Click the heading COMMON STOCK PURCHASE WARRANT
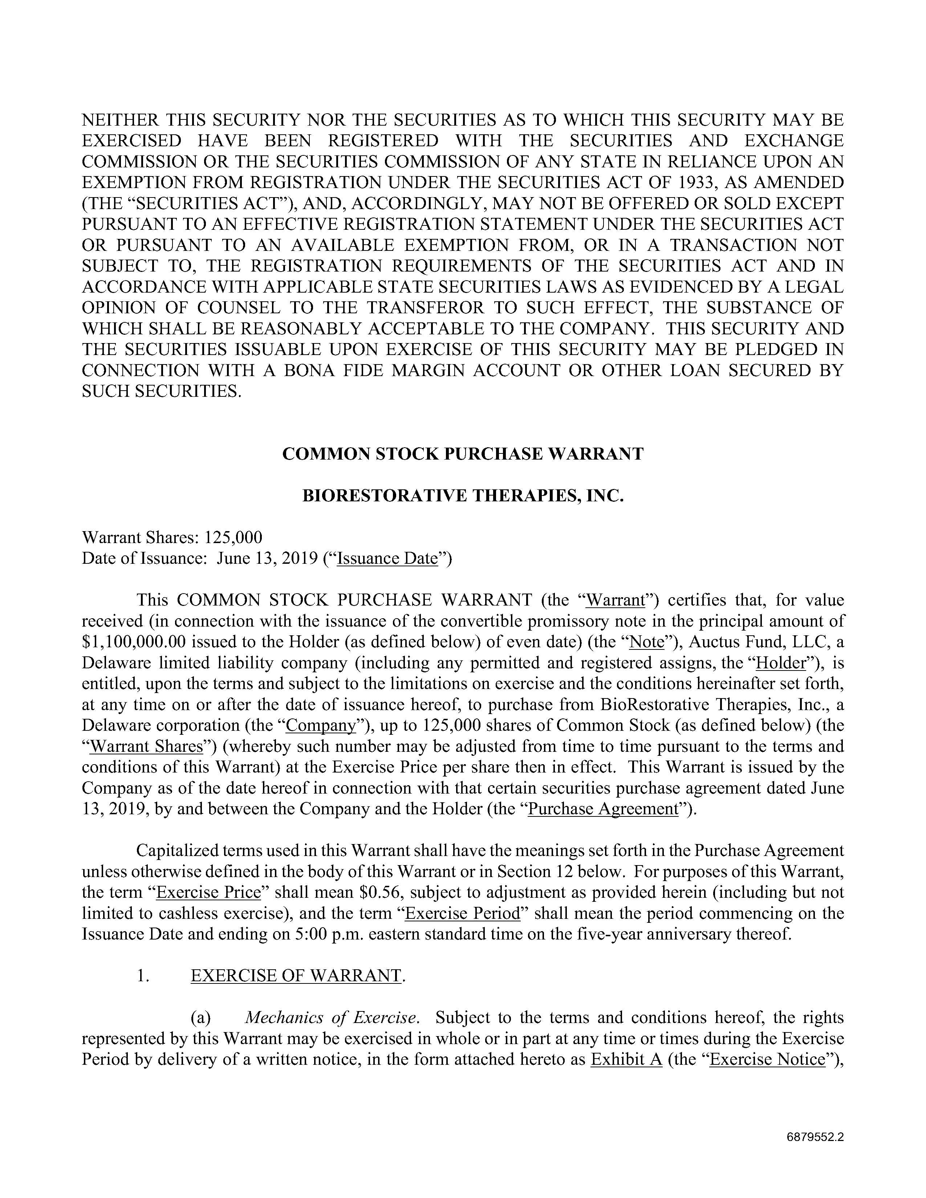click(462, 454)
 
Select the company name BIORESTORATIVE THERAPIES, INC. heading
click(462, 496)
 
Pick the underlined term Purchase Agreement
click(603, 809)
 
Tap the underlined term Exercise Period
click(462, 913)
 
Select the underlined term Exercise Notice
click(767, 1059)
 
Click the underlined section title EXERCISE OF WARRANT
click(296, 976)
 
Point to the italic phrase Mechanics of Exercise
click(331, 1018)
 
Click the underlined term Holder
click(781, 663)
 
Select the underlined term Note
click(648, 642)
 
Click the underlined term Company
click(321, 726)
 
